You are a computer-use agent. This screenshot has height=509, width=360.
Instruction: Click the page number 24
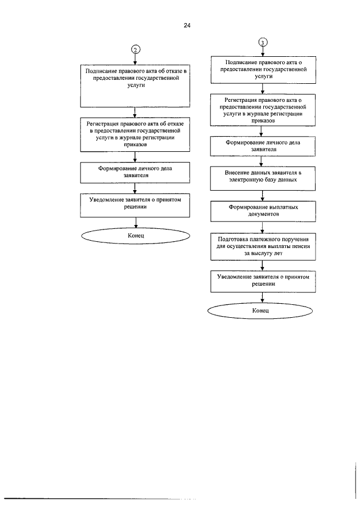[x=187, y=25]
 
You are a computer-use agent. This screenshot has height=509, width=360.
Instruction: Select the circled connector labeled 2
[x=136, y=49]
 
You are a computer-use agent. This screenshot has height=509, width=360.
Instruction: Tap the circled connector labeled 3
[x=263, y=42]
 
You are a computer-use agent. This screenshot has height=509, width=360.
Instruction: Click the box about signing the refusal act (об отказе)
[x=135, y=86]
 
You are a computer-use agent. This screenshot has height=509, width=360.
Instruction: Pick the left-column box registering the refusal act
[x=135, y=134]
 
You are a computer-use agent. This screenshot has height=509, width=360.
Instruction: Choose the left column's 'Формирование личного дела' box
[x=135, y=172]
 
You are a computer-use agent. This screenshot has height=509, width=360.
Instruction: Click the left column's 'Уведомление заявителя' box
[x=135, y=205]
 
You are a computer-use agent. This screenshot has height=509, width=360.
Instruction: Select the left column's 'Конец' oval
[x=136, y=236]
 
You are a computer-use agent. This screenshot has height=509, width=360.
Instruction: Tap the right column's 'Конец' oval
[x=260, y=310]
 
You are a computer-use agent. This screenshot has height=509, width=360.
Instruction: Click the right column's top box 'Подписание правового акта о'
[x=263, y=70]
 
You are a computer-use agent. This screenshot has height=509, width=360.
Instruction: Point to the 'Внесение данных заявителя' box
[x=263, y=178]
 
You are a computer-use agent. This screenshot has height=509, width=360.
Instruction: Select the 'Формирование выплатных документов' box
[x=263, y=211]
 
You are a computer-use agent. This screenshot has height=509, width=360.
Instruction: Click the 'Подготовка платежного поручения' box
[x=263, y=246]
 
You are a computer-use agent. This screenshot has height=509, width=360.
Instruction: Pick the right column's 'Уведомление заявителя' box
[x=263, y=281]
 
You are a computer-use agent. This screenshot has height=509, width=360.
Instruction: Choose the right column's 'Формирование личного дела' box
[x=263, y=147]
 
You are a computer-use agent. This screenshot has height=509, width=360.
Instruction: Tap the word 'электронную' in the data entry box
[x=244, y=180]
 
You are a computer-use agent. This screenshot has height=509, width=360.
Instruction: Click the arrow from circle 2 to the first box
[x=136, y=59]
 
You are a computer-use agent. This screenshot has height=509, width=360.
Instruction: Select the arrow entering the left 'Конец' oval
[x=136, y=223]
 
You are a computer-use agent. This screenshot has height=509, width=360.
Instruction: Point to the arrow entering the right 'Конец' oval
[x=262, y=298]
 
